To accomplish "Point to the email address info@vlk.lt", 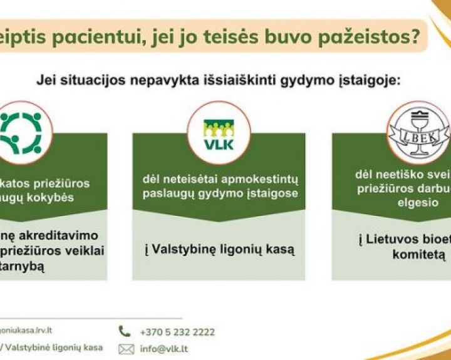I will (165, 349).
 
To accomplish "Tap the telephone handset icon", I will (125, 332).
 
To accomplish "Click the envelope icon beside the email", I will (126, 349).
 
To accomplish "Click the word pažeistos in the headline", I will (370, 38).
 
